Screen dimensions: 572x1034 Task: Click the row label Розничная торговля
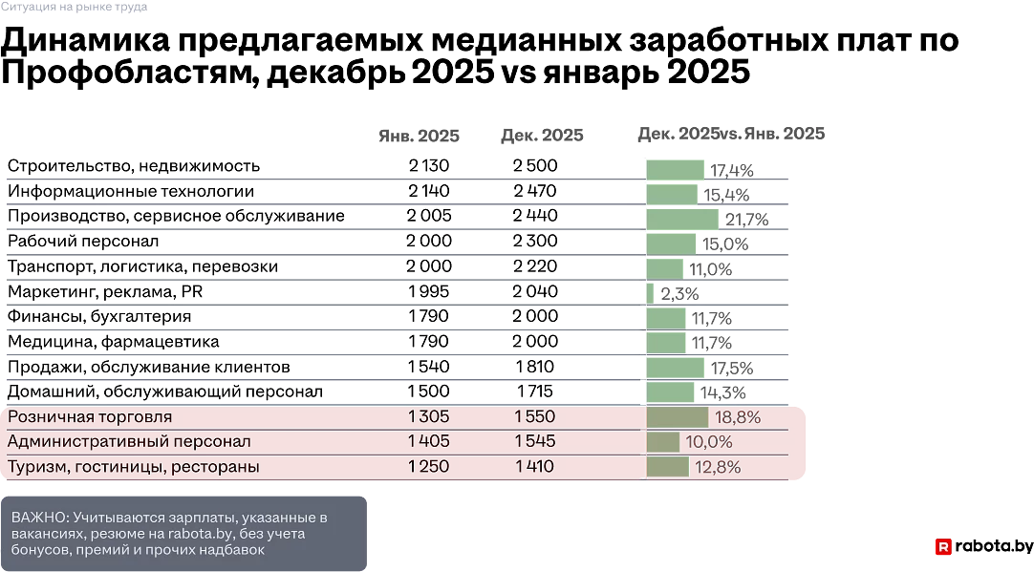90,417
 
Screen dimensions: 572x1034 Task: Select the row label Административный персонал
129,442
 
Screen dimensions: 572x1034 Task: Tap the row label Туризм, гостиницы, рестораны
134,467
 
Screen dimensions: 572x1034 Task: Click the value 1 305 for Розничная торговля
428,417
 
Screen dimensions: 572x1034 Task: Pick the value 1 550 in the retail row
534,417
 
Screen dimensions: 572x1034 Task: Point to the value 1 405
428,442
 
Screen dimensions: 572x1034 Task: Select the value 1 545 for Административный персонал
534,442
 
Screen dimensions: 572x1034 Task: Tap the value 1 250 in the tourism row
428,467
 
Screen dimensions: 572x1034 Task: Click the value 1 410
534,467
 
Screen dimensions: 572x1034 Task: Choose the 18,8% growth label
738,417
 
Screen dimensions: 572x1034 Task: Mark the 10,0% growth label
709,442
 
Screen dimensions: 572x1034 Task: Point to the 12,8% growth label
718,467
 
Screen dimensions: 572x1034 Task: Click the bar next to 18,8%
678,417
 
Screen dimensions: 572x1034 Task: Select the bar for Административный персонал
663,442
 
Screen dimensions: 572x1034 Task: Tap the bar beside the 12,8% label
667,467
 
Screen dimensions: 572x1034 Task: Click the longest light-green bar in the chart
681,219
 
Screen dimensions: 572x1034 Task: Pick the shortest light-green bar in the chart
651,292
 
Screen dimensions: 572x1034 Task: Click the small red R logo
943,547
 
